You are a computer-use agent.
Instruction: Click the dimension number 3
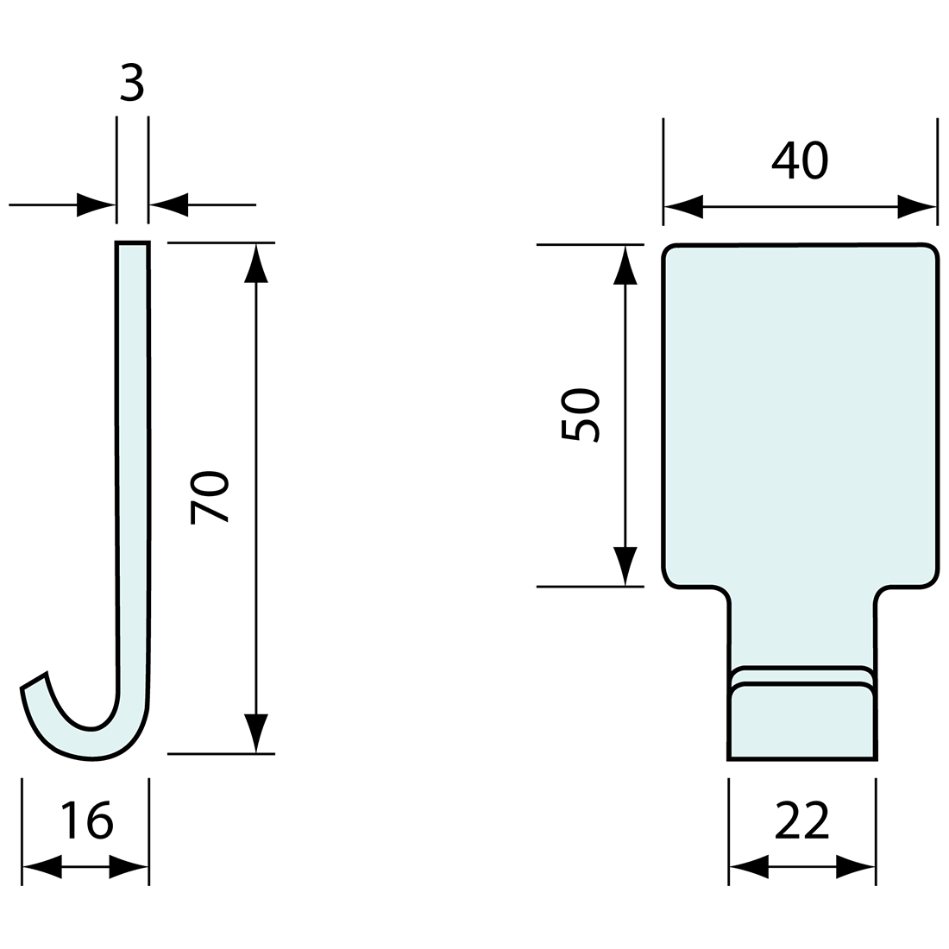(x=131, y=84)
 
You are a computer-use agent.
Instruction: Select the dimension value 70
(x=209, y=498)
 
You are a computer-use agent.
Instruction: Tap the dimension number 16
(x=86, y=820)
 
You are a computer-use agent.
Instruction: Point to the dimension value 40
(x=800, y=160)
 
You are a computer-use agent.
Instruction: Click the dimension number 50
(x=580, y=415)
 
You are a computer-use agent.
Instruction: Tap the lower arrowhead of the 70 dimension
(x=256, y=733)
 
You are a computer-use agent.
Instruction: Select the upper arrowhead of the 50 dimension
(x=625, y=265)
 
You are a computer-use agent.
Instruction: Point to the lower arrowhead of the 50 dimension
(x=625, y=566)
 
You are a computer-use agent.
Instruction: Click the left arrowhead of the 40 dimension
(x=684, y=207)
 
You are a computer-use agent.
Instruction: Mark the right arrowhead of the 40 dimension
(x=916, y=207)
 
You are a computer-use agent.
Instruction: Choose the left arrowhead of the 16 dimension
(x=42, y=866)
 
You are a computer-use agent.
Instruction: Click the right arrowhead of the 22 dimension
(x=856, y=866)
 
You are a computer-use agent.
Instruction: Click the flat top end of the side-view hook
(x=132, y=244)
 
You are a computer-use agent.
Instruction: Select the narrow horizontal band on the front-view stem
(x=802, y=676)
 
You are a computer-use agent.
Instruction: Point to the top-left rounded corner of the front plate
(x=671, y=252)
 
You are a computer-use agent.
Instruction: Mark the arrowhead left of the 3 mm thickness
(x=96, y=204)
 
